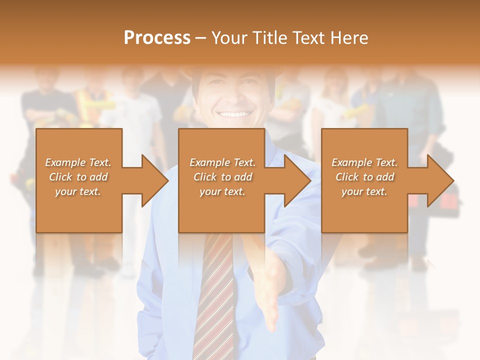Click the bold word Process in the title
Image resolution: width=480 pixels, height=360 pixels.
tap(157, 38)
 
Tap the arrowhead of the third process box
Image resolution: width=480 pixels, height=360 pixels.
tap(437, 180)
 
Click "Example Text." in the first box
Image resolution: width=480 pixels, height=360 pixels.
tap(78, 162)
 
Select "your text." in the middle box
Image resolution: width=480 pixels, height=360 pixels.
tap(222, 191)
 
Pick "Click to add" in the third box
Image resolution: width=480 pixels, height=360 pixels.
tap(364, 177)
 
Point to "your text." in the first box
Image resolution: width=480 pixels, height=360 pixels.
tap(78, 191)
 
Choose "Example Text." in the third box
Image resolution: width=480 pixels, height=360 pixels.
tap(364, 162)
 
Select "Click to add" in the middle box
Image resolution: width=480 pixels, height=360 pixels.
tap(222, 177)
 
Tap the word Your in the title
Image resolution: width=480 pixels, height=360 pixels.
tap(228, 38)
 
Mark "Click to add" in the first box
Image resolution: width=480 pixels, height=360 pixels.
tap(78, 177)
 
